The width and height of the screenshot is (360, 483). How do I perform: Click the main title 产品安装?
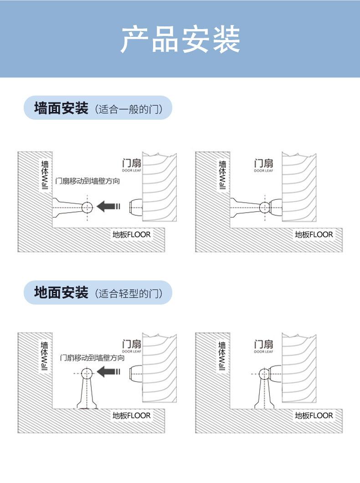point(180,40)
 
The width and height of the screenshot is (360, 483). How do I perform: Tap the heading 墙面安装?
point(61,108)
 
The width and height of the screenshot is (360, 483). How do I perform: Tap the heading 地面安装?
point(61,292)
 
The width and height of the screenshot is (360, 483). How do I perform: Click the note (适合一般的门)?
point(129,109)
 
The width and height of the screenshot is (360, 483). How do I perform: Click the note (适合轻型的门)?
point(129,293)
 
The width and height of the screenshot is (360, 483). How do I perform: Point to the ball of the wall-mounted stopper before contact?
point(87,208)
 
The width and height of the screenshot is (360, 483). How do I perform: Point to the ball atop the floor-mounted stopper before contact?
point(87,373)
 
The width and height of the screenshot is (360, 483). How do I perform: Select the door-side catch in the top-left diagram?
point(135,207)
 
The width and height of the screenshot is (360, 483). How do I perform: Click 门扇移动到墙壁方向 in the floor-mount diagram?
point(93,358)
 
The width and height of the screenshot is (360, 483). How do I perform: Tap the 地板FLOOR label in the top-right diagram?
point(314,234)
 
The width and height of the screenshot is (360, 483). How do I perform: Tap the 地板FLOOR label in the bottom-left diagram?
point(131,415)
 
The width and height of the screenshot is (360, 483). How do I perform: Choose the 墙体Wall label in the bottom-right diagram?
point(222,356)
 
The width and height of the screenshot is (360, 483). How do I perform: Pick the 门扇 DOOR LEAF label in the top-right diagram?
point(263,165)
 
